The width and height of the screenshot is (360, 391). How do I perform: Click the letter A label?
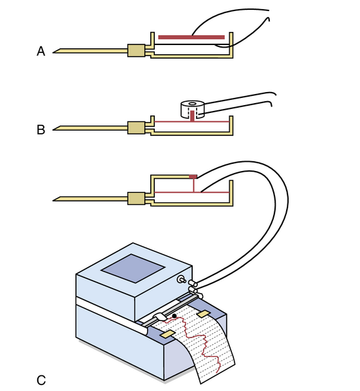tap(41, 51)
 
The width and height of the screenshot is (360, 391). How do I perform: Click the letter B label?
tap(41, 130)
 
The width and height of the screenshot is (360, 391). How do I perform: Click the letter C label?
tap(41, 381)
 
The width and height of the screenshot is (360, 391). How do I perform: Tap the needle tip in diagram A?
tap(53, 52)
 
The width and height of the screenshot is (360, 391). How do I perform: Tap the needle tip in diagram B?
tap(53, 129)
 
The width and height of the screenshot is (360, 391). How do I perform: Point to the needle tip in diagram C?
tap(53, 200)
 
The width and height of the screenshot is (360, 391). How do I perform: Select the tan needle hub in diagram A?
tap(137, 51)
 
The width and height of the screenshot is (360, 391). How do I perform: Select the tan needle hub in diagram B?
tap(137, 128)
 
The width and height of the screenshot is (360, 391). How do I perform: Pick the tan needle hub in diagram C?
tap(137, 198)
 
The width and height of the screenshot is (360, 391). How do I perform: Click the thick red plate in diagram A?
tap(191, 37)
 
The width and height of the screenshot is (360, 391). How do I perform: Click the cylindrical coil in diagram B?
tap(192, 109)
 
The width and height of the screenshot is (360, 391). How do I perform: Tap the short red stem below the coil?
tap(192, 116)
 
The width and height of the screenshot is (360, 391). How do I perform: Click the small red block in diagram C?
tap(193, 177)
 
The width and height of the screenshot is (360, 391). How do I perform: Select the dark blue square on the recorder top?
tap(133, 268)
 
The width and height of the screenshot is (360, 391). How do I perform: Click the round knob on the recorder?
tap(181, 279)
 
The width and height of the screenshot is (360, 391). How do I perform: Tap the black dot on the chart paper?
tap(174, 316)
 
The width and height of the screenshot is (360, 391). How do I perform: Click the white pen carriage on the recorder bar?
tap(160, 317)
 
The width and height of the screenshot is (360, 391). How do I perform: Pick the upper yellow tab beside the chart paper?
tap(203, 314)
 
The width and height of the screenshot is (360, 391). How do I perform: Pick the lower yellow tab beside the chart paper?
tap(169, 334)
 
